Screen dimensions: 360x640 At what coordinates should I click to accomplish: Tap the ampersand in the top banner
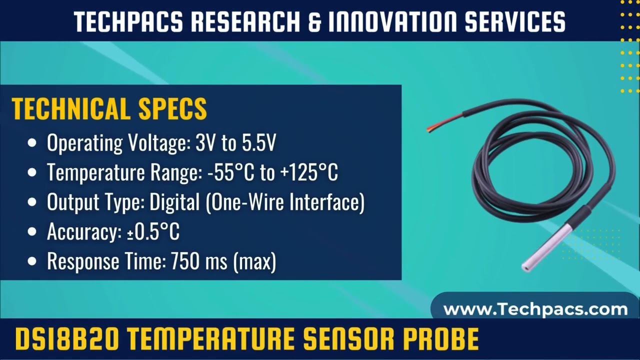pyautogui.click(x=315, y=21)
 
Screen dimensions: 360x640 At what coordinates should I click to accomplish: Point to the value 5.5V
pyautogui.click(x=258, y=143)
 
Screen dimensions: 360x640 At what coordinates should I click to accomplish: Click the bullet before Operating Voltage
pyautogui.click(x=32, y=143)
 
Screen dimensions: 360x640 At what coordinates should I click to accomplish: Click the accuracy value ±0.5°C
pyautogui.click(x=150, y=232)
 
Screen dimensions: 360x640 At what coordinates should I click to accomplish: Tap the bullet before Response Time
pyautogui.click(x=32, y=261)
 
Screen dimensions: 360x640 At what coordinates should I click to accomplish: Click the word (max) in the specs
pyautogui.click(x=254, y=261)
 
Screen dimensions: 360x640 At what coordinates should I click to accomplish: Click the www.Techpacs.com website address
pyautogui.click(x=535, y=309)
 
